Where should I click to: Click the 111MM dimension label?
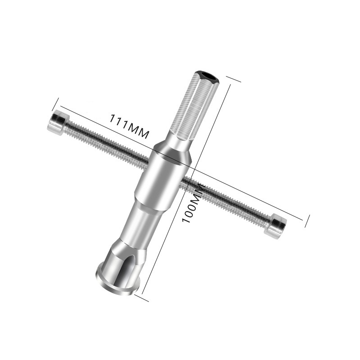[x=130, y=126]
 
